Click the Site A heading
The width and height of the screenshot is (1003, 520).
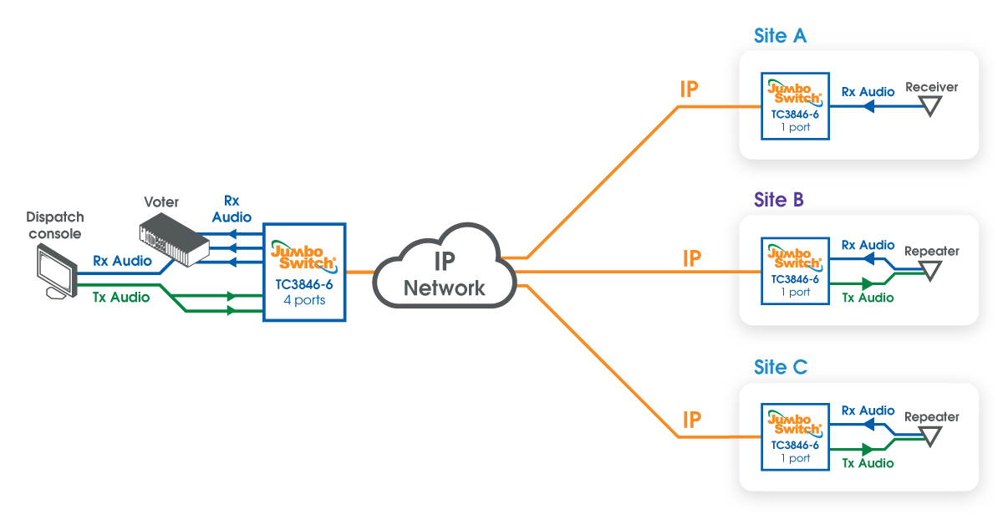click(x=780, y=35)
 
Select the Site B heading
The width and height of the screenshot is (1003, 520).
click(x=779, y=199)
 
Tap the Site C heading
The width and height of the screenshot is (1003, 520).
click(x=781, y=367)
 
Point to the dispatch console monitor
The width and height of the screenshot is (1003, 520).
click(x=57, y=272)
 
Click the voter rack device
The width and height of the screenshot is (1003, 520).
click(x=174, y=239)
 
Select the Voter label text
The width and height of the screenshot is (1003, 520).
click(x=161, y=201)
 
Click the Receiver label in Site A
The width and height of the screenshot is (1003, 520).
click(x=931, y=87)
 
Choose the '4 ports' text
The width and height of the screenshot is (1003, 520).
click(x=304, y=299)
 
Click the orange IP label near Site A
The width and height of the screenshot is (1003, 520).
click(x=689, y=89)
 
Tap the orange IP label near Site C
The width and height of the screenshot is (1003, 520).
click(x=692, y=420)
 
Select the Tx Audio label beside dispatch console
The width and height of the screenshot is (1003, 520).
click(x=121, y=297)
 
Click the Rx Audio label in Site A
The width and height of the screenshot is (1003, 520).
click(x=868, y=92)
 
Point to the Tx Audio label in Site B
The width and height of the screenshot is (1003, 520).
click(x=868, y=298)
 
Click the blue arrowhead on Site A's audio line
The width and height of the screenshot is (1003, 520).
click(x=868, y=106)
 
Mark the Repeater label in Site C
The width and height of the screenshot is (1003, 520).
click(x=932, y=417)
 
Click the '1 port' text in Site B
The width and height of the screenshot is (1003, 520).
click(x=795, y=292)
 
